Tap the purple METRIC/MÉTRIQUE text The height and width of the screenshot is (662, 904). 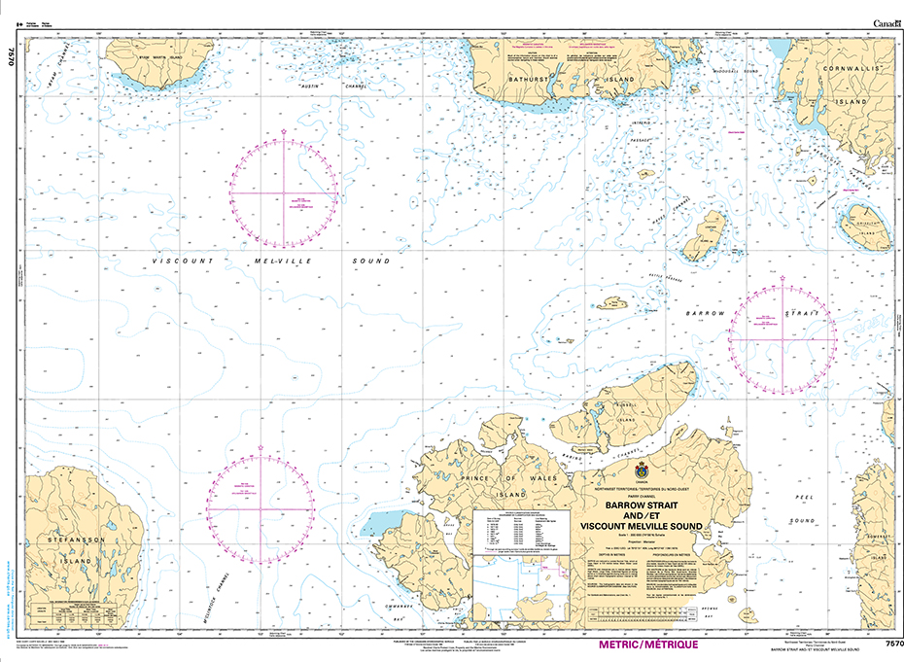[x=618, y=645]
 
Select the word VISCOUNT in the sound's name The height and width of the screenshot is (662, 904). [x=186, y=261]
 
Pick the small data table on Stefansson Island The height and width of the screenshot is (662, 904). [x=74, y=613]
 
